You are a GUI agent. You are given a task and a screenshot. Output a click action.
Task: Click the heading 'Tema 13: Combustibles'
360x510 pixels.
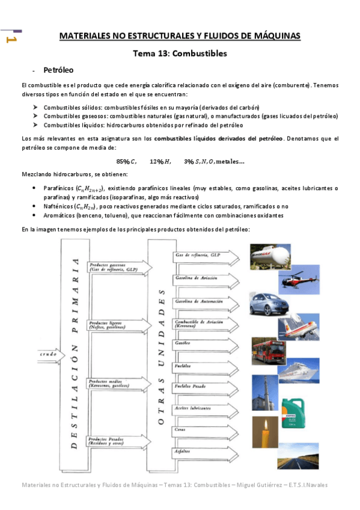coord(180,54)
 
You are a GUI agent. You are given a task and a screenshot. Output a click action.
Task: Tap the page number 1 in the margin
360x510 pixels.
coord(10,40)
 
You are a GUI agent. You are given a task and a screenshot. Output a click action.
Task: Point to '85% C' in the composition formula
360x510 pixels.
coord(127,161)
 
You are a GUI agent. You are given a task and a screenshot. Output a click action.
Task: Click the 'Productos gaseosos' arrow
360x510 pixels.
coord(111,267)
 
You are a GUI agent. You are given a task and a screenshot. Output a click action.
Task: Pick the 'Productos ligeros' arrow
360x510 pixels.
coord(111,325)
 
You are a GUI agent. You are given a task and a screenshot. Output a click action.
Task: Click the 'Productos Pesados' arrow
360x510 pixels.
coord(111,442)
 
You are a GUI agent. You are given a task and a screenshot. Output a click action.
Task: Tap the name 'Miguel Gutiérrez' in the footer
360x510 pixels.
coord(261,485)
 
